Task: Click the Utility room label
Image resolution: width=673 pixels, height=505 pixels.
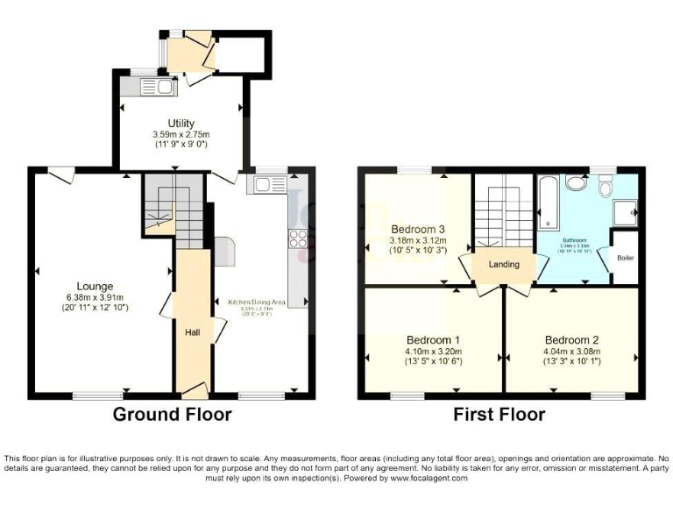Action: (x=181, y=123)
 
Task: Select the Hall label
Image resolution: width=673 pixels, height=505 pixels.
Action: (x=193, y=332)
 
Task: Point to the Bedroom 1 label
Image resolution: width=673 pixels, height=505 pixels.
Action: (x=433, y=339)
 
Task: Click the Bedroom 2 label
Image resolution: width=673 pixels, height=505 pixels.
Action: (x=571, y=339)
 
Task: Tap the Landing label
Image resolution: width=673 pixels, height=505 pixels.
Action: (x=503, y=264)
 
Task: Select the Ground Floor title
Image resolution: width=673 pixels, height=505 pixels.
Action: (x=172, y=415)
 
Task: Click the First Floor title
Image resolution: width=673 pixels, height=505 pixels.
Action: (x=499, y=415)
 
